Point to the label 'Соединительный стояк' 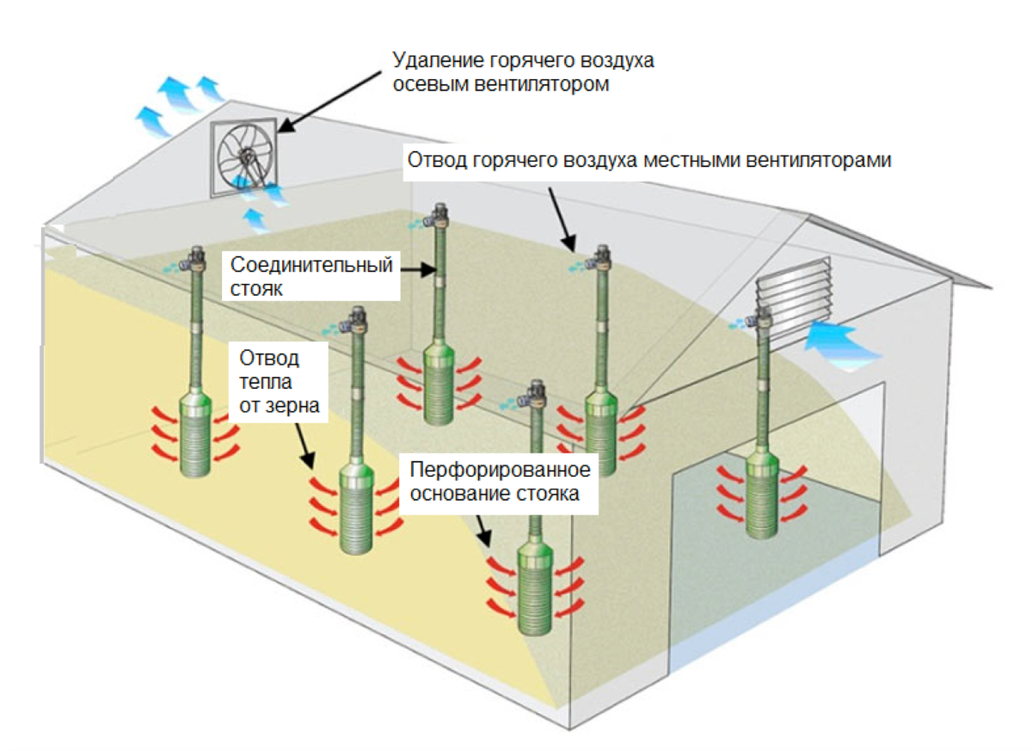312,276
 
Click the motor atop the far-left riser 195,255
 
